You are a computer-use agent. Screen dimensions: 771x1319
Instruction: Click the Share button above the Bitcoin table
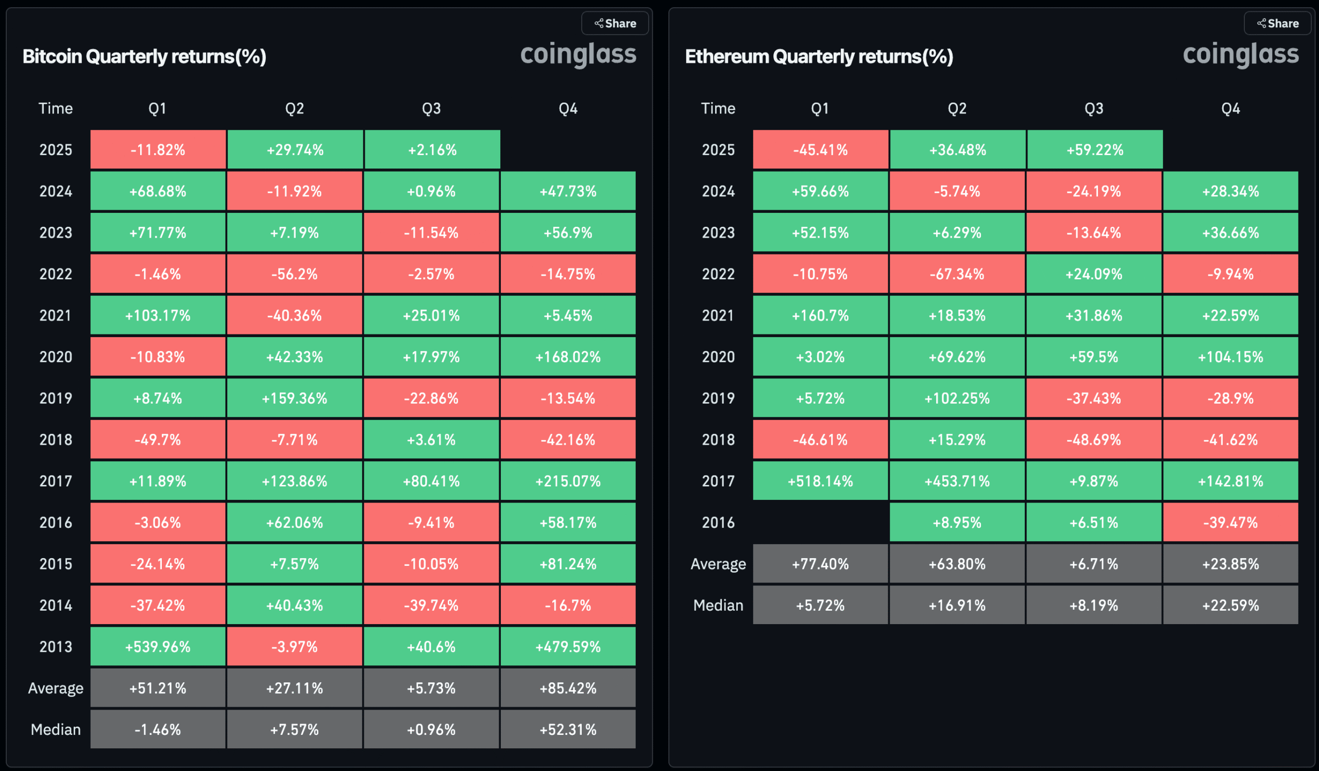point(615,23)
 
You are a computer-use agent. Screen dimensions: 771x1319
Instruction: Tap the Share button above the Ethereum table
point(1277,23)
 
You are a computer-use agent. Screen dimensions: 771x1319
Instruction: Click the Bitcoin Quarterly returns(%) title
point(144,56)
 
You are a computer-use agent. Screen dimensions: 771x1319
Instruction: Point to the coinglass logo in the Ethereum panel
point(1241,54)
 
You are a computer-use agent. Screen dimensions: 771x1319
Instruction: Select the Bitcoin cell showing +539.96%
point(158,646)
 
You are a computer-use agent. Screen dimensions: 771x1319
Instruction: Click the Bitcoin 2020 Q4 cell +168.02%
point(568,357)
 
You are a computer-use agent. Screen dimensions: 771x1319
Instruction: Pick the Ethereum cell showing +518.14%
point(820,480)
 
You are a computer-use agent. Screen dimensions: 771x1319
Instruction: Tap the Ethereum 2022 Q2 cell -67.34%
point(957,274)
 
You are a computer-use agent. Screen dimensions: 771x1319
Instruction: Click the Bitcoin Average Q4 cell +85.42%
point(568,688)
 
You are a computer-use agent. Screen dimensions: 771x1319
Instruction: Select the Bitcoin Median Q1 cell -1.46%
point(158,729)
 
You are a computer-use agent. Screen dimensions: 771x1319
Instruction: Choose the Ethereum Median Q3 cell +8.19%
point(1093,605)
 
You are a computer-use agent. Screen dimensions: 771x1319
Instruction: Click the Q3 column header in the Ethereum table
point(1093,108)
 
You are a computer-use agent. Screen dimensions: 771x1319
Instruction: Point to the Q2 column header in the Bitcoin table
point(294,108)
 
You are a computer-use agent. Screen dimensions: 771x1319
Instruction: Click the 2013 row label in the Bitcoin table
point(56,646)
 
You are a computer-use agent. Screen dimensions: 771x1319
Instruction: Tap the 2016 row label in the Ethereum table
point(718,523)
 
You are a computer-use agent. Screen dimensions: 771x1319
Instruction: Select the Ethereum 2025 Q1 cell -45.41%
point(820,149)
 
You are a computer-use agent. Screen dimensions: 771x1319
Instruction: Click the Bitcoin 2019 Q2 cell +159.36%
point(294,398)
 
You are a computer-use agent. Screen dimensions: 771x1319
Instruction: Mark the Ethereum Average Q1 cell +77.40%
point(820,564)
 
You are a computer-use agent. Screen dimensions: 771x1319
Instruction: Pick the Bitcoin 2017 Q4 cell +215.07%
point(568,480)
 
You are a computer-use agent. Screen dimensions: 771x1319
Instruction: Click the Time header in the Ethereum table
point(718,108)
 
